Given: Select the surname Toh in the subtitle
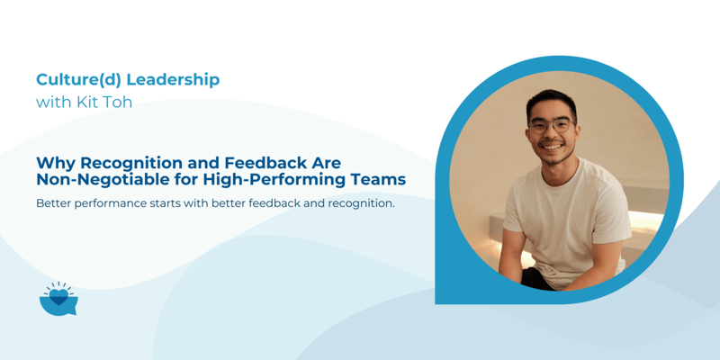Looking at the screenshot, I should (117, 102).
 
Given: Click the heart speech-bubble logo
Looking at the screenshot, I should (58, 299).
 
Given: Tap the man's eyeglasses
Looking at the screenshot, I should (550, 124).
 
